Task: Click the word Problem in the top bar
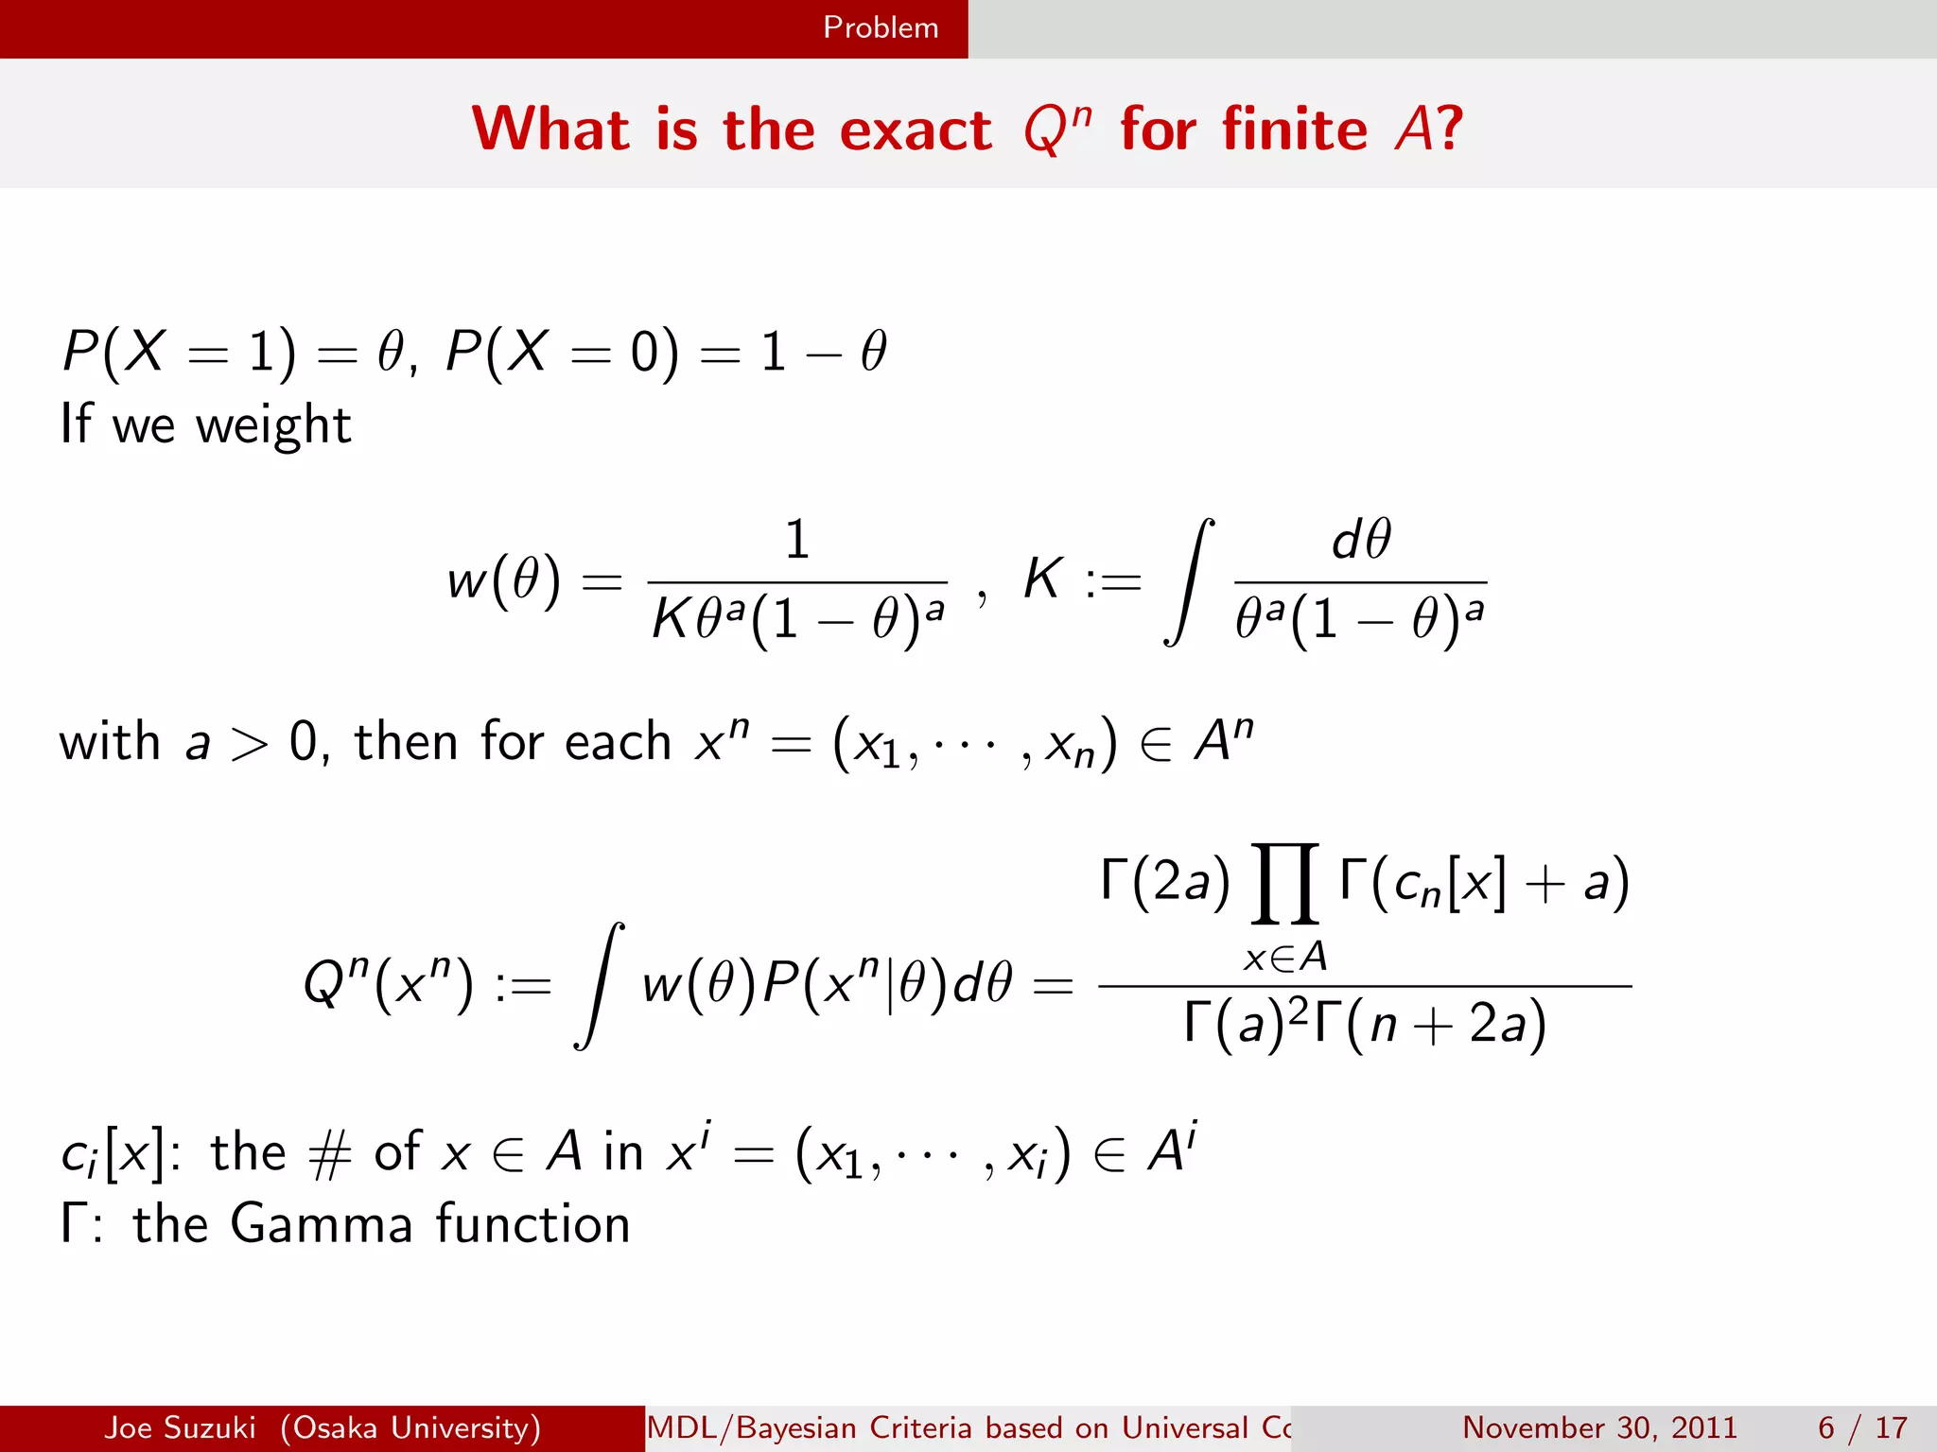(881, 27)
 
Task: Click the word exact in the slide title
(916, 130)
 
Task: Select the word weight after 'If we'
(273, 425)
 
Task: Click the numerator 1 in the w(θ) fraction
(797, 540)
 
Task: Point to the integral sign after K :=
(1189, 581)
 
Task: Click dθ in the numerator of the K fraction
(1361, 540)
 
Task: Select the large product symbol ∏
(1284, 883)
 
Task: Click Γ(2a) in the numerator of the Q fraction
(1165, 881)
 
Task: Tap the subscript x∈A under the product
(1285, 959)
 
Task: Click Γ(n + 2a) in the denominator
(1445, 1024)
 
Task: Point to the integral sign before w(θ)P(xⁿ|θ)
(600, 986)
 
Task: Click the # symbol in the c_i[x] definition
(330, 1154)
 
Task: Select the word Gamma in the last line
(322, 1224)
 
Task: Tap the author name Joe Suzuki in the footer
(180, 1427)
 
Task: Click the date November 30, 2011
(1599, 1427)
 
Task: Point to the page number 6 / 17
(1862, 1427)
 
